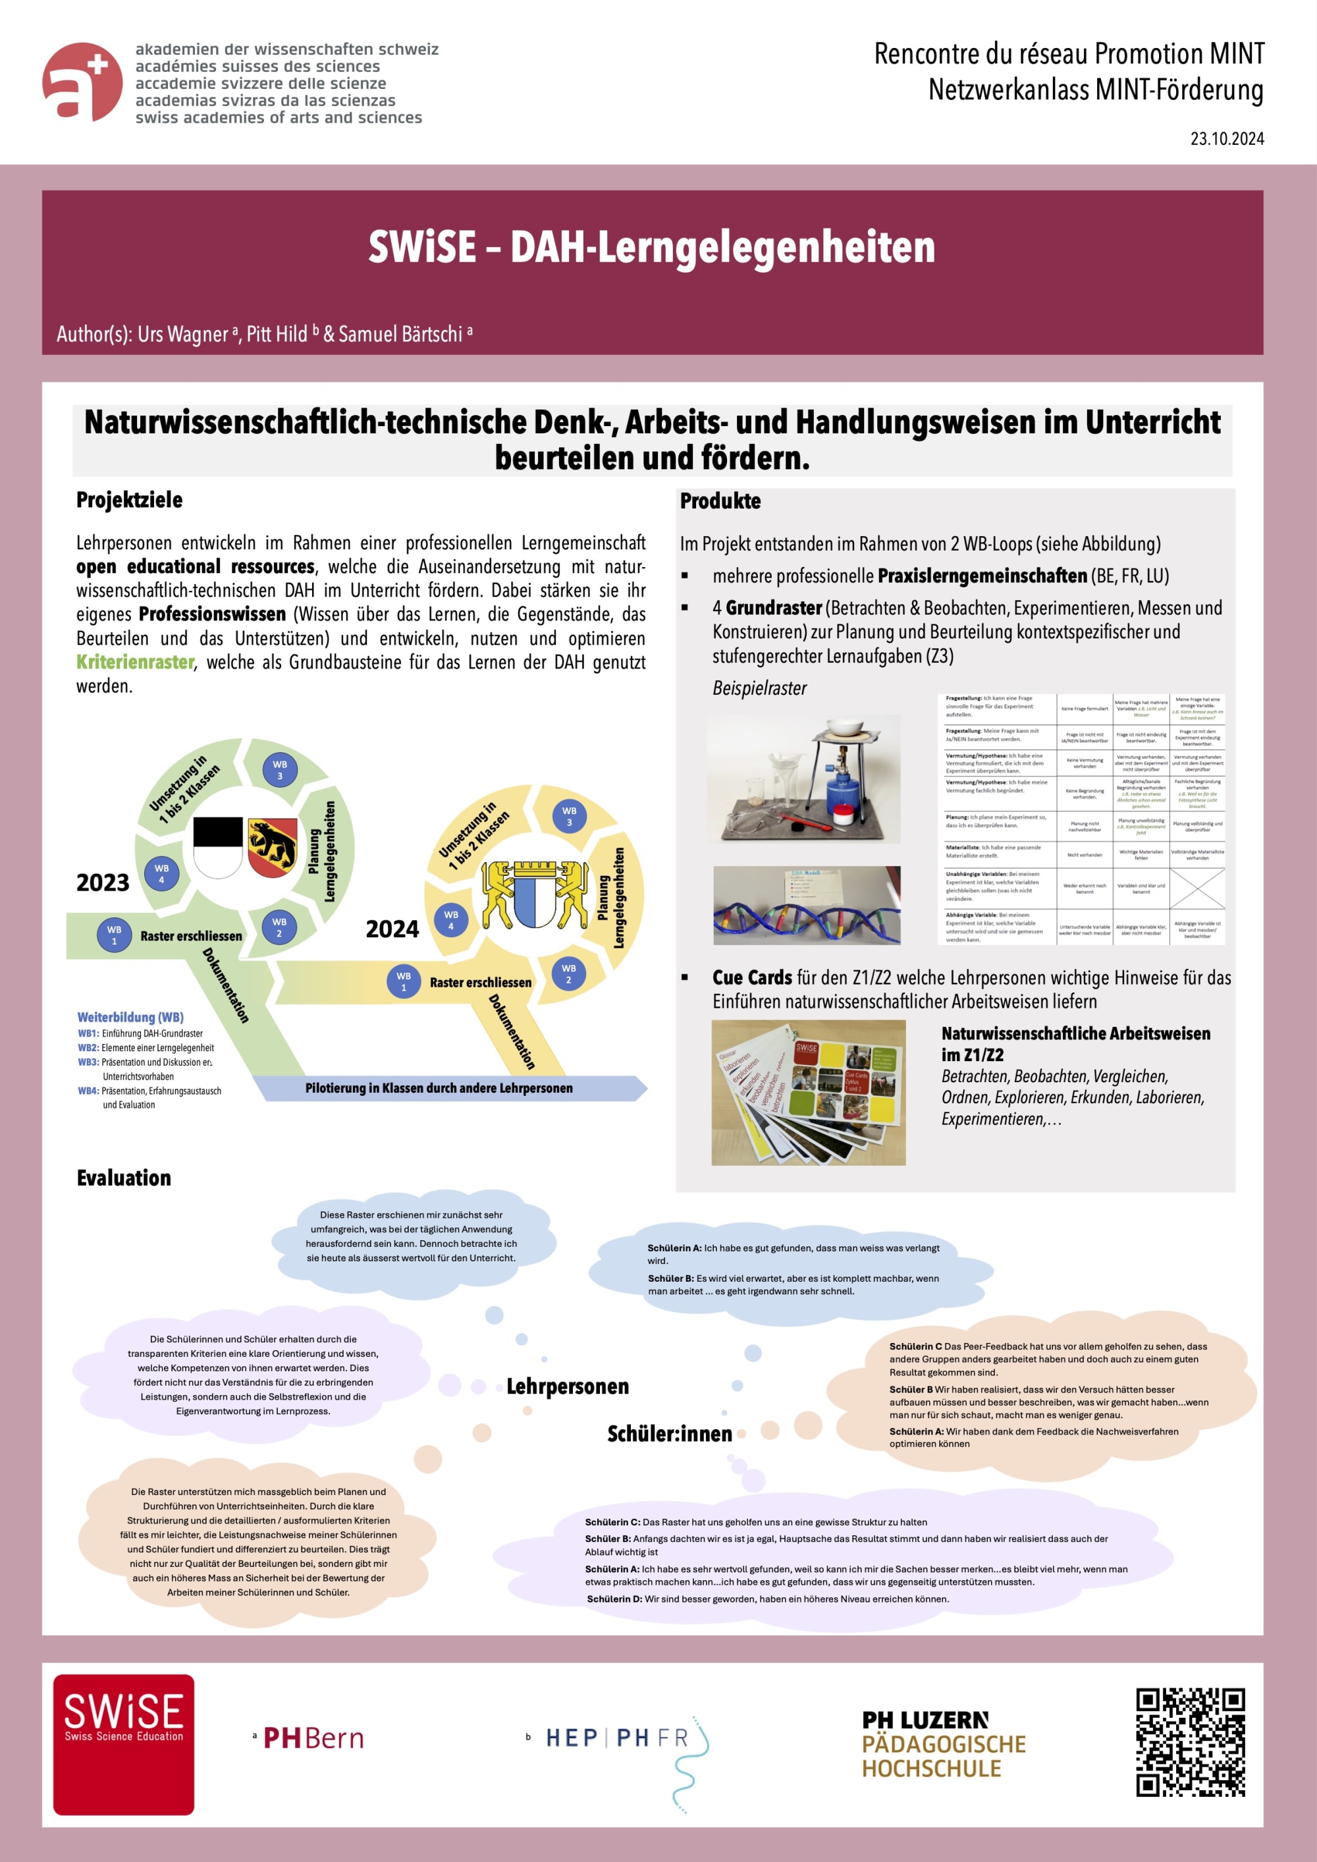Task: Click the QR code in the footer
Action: [1190, 1742]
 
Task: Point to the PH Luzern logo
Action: [943, 1743]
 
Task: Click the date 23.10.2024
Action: [1226, 139]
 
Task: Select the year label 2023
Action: [103, 883]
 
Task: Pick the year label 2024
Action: [392, 929]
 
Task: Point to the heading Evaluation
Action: [124, 1178]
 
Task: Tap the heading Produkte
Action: [720, 501]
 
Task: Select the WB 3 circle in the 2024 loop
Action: [570, 816]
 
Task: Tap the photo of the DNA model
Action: [806, 905]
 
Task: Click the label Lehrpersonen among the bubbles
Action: [568, 1386]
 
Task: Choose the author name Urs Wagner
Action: [183, 334]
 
